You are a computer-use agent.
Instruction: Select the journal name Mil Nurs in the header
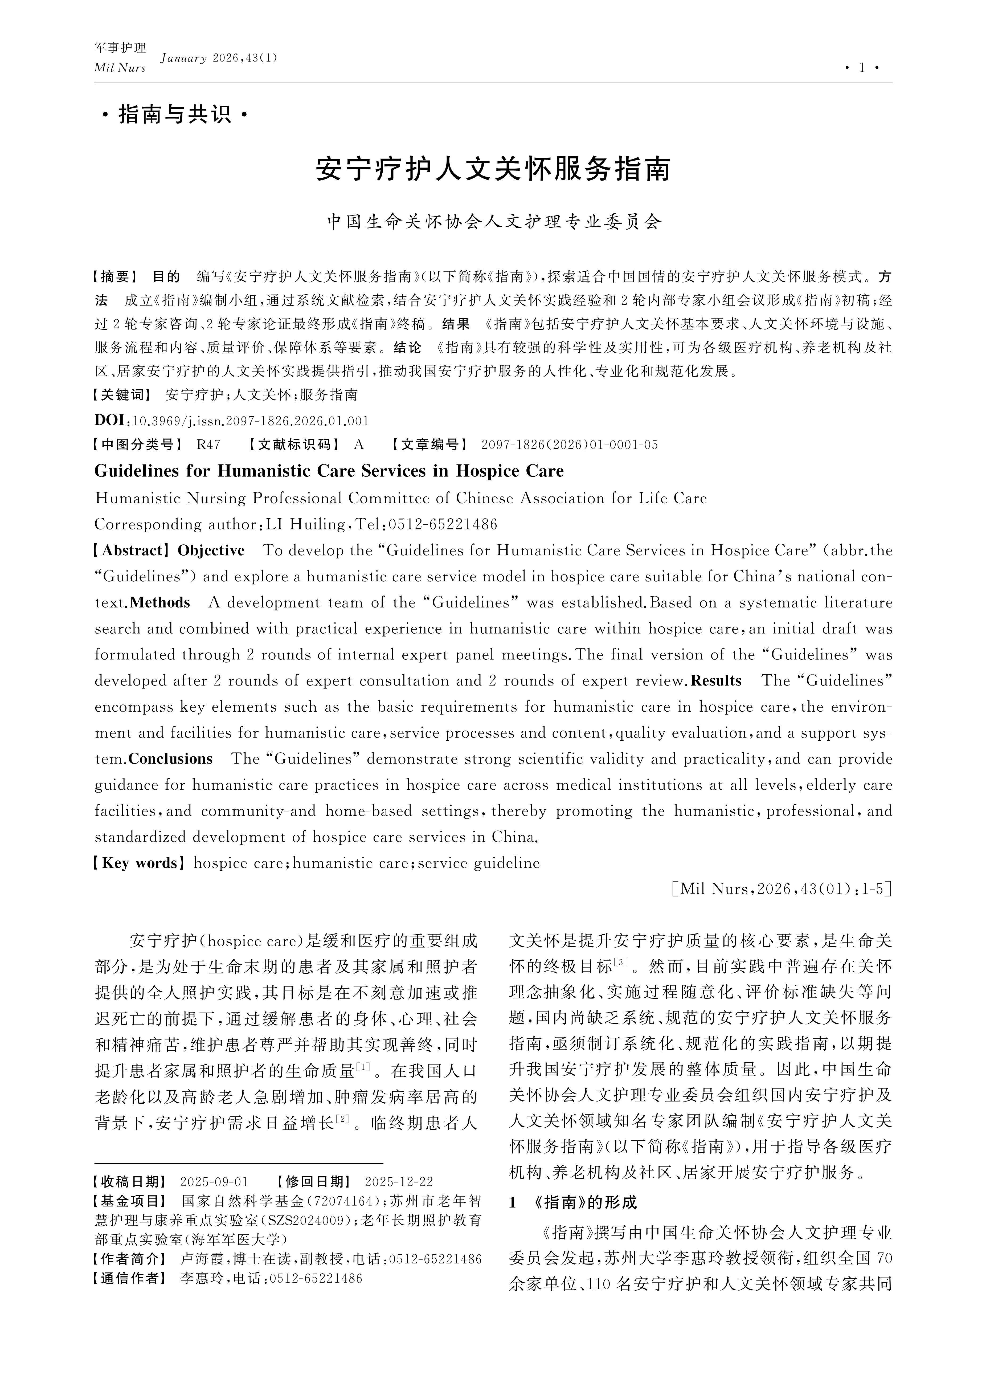(x=120, y=68)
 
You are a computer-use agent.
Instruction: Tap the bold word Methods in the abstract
(x=160, y=603)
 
